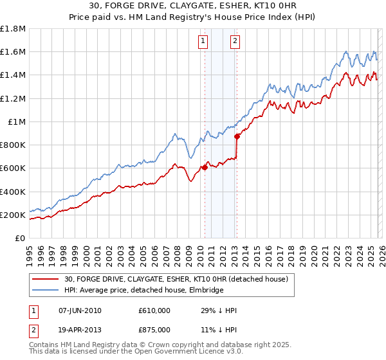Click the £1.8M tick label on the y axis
[13, 29]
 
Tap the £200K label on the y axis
[13, 215]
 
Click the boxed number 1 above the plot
[203, 42]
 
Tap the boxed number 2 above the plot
[235, 42]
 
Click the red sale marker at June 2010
[205, 167]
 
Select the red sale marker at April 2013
[237, 136]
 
